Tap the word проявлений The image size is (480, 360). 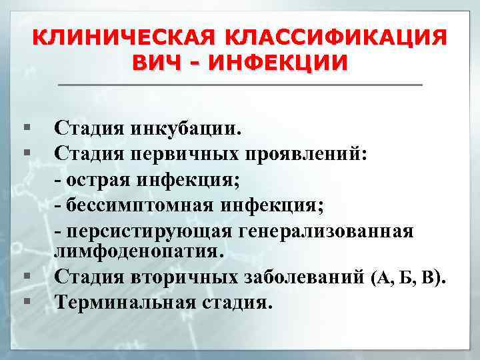[303, 154]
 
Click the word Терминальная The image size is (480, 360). [123, 301]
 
